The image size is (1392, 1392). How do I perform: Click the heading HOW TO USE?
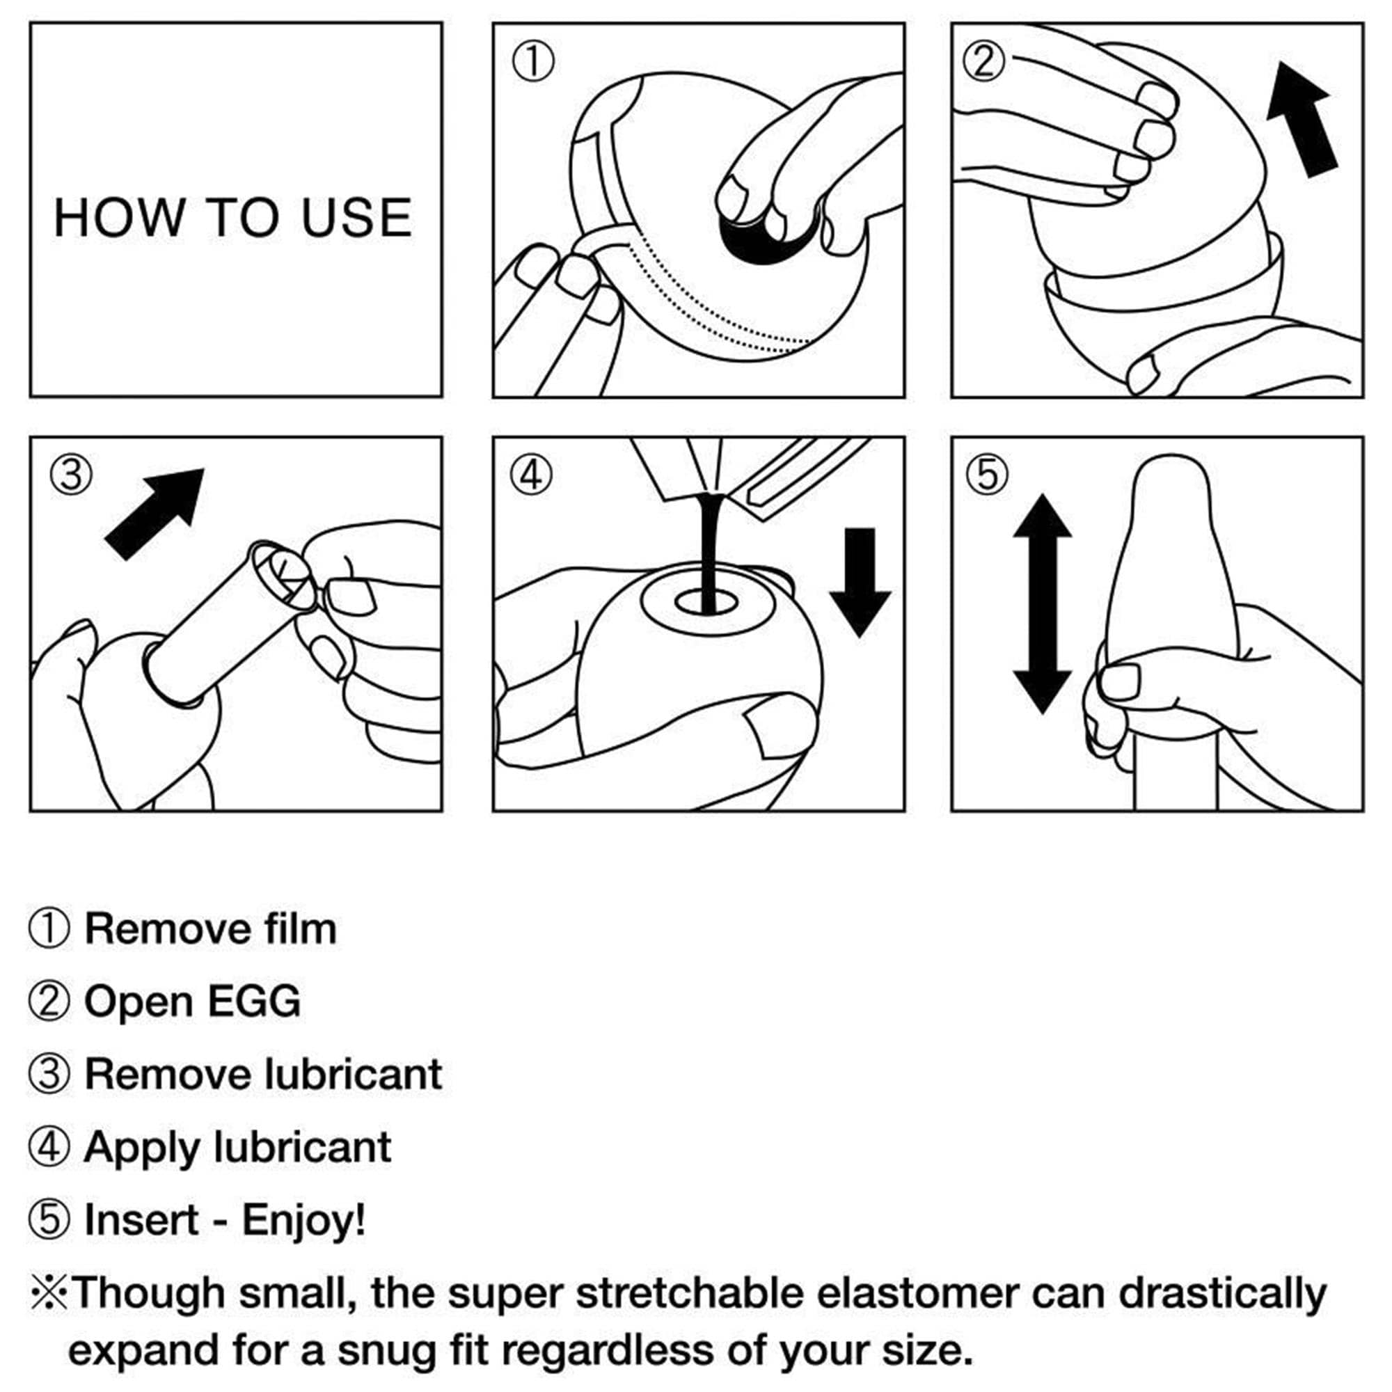(232, 217)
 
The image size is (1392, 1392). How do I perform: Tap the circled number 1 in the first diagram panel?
(532, 61)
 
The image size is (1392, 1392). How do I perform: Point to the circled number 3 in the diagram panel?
(70, 475)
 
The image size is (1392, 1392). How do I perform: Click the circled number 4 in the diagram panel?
(532, 475)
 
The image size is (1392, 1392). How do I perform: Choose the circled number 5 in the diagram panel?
(987, 475)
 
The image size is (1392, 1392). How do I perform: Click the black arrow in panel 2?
(1303, 120)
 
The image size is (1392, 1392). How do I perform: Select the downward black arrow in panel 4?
(860, 582)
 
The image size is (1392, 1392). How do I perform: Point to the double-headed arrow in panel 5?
(1043, 603)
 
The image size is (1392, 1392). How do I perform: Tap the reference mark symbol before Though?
(49, 1294)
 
